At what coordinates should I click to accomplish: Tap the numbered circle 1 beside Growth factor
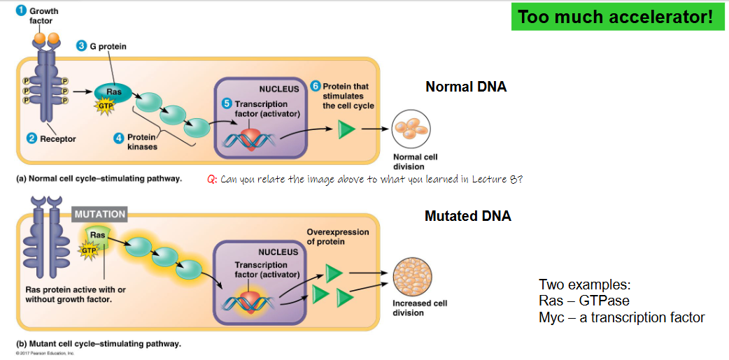pos(22,11)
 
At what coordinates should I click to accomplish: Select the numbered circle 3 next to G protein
pos(81,46)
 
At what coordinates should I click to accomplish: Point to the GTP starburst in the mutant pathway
pos(90,250)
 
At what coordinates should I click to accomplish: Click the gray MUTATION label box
pos(99,214)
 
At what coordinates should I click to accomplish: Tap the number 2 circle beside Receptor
pos(31,138)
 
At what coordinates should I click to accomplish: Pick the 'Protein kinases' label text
pos(142,142)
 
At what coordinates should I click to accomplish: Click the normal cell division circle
pos(410,130)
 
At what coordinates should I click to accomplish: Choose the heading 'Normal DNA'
pos(465,87)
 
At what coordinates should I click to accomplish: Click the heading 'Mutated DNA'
pos(467,216)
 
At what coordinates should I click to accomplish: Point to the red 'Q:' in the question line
pos(212,179)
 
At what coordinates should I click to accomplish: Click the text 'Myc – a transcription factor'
pos(621,317)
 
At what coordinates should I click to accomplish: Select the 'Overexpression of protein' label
pos(337,237)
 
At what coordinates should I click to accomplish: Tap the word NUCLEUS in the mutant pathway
pos(278,252)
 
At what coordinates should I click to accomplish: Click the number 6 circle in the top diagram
pos(316,86)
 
